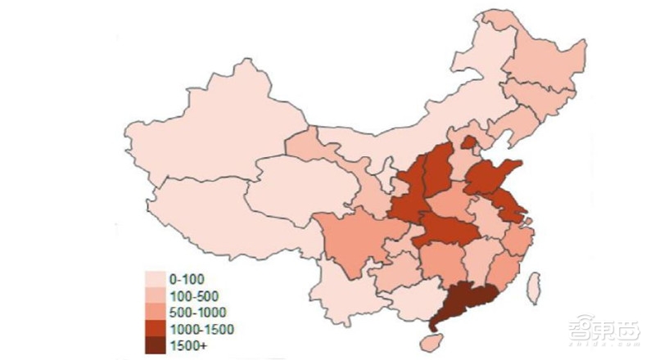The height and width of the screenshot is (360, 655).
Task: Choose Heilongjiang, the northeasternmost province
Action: point(544,57)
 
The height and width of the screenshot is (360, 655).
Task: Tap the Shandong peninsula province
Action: point(495,176)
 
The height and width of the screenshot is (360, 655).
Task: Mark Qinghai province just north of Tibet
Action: point(295,184)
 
